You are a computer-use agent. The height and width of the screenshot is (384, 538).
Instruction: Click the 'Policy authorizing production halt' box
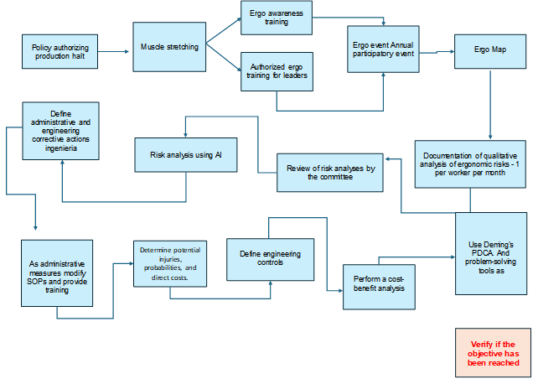pos(59,50)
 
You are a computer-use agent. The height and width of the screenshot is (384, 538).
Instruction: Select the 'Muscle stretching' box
pos(169,47)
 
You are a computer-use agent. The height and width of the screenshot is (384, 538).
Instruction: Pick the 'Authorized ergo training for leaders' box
pos(277,71)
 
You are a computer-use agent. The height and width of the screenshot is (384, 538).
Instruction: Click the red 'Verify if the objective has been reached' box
pos(494,352)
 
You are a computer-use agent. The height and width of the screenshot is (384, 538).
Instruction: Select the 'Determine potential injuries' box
pos(169,263)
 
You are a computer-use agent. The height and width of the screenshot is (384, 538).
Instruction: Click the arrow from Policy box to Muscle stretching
pos(115,50)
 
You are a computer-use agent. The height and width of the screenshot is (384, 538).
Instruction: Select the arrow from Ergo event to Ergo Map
pos(434,52)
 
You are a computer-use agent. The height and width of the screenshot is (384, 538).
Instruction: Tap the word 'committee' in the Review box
pos(328,178)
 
